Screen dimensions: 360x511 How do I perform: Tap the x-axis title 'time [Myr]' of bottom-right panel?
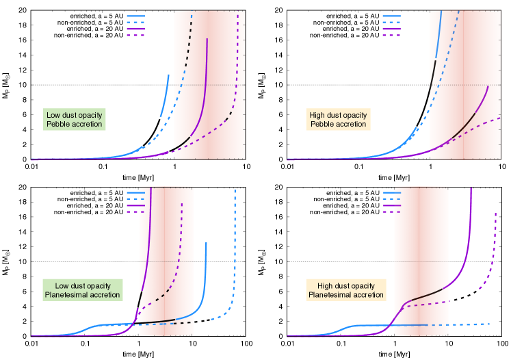pos(395,352)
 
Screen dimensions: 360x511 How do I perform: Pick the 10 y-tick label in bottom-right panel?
pos(280,262)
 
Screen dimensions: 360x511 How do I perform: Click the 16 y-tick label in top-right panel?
pos(280,40)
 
